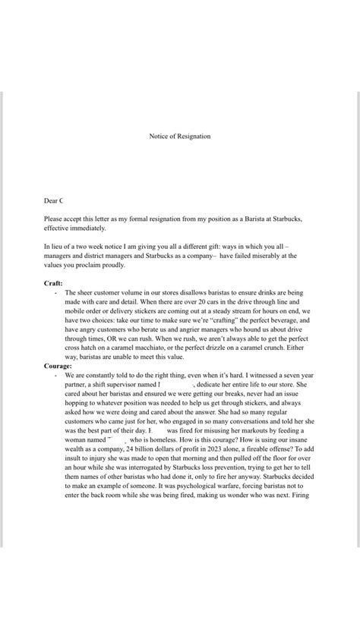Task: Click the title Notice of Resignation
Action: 180,137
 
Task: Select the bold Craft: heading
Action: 54,282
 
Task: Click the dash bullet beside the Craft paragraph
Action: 55,292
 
